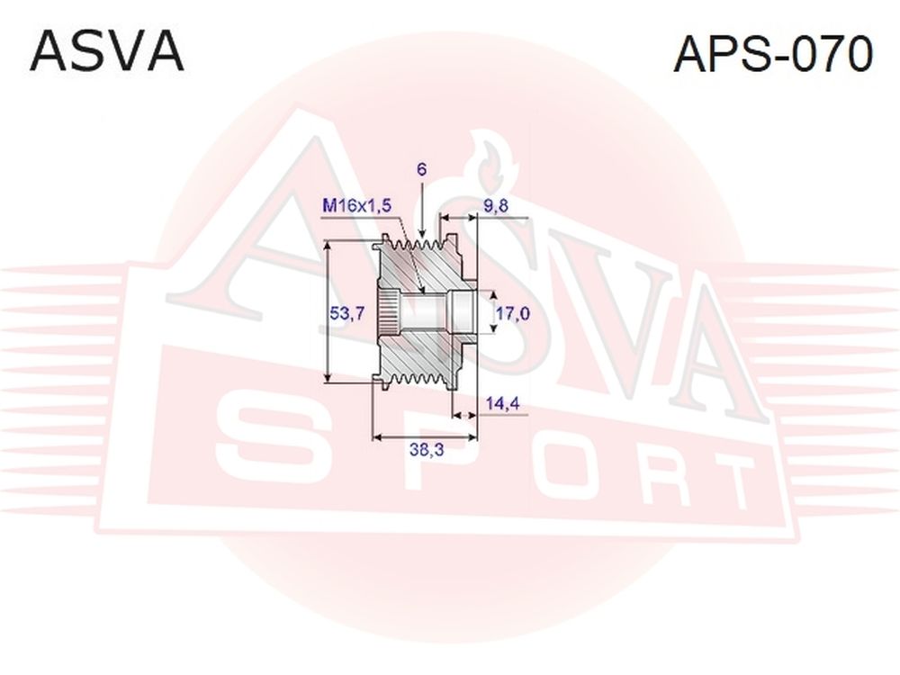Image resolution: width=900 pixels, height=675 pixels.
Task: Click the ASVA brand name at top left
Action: tap(107, 51)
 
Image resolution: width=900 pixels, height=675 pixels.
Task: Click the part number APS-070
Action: tap(772, 53)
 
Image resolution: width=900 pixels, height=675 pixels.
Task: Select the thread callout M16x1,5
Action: tap(356, 205)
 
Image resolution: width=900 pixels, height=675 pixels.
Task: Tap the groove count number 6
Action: tap(422, 169)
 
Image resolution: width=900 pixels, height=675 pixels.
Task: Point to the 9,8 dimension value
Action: tap(495, 205)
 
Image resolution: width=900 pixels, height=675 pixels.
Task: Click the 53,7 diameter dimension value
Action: tap(347, 313)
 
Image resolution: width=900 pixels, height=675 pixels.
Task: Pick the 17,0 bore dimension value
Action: tap(513, 313)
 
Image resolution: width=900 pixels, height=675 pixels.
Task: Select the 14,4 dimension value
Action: tap(502, 403)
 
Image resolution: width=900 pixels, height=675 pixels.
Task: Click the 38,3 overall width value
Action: tap(427, 450)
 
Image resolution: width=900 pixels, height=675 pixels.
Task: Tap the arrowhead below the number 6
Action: tap(422, 232)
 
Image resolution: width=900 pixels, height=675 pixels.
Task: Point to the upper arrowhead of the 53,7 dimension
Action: tap(328, 246)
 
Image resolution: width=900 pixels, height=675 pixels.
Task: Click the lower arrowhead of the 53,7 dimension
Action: tap(328, 376)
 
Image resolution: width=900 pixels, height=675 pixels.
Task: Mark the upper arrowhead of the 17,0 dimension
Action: tap(492, 295)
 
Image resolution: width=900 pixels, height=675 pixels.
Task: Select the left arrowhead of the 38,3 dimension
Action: tap(378, 437)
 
